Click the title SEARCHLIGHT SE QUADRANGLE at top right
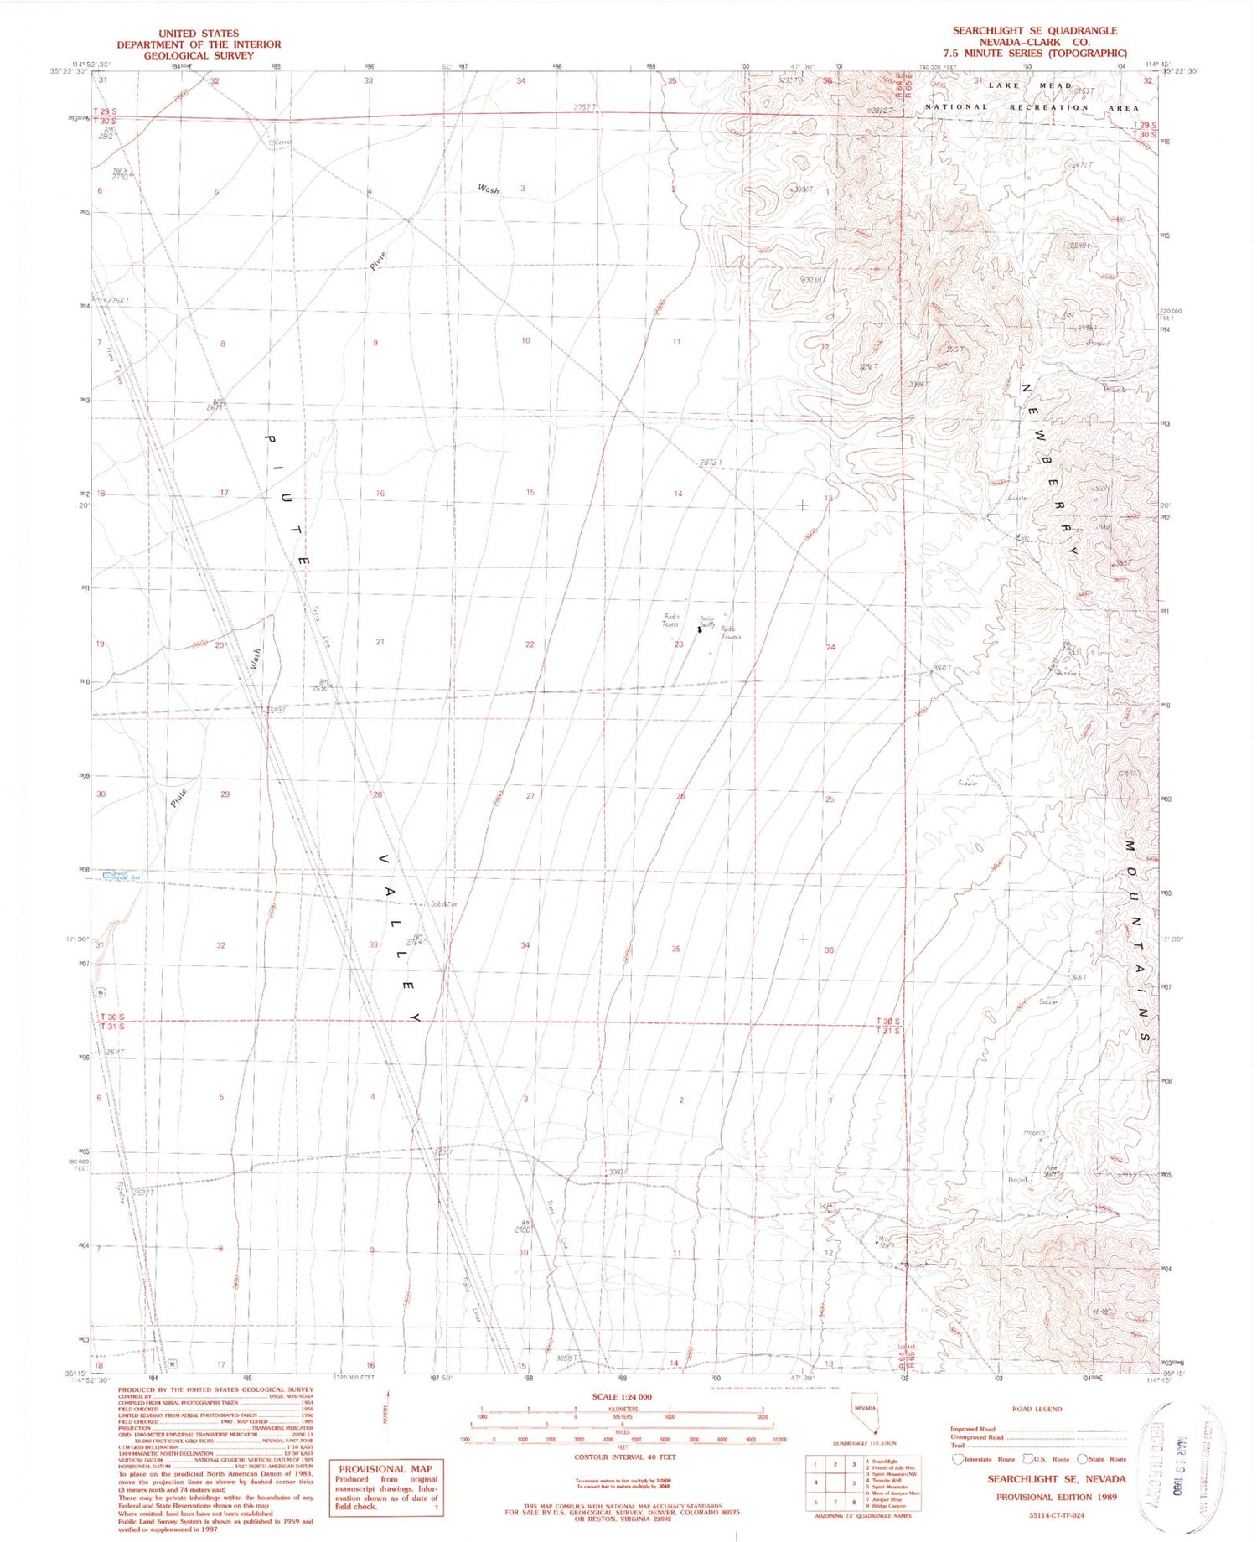(1034, 30)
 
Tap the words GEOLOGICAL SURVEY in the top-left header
(199, 55)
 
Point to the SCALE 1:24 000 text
(621, 1397)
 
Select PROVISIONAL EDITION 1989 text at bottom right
(1056, 1497)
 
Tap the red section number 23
(679, 644)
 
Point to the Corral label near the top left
(278, 142)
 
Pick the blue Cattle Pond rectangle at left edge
(107, 875)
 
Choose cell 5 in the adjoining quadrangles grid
(853, 1482)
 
